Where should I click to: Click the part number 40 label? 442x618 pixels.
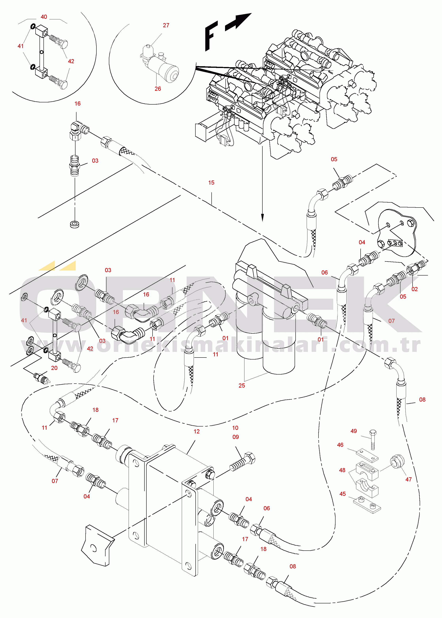tap(44, 17)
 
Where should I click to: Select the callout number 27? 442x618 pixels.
tap(166, 25)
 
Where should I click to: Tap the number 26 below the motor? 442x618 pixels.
tap(158, 89)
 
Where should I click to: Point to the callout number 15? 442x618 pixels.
tap(211, 183)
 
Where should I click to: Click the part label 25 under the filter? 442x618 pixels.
tap(242, 386)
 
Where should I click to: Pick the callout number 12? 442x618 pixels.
tap(197, 431)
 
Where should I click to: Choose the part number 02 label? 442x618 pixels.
tap(415, 289)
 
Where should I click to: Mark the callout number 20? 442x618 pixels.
tap(54, 368)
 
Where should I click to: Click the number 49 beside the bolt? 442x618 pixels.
tap(353, 431)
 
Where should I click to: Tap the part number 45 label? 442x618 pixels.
tap(342, 494)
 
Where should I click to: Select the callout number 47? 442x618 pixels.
tap(409, 479)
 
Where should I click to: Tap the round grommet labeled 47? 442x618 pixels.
tap(397, 461)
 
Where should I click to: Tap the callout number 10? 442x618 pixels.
tap(235, 428)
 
